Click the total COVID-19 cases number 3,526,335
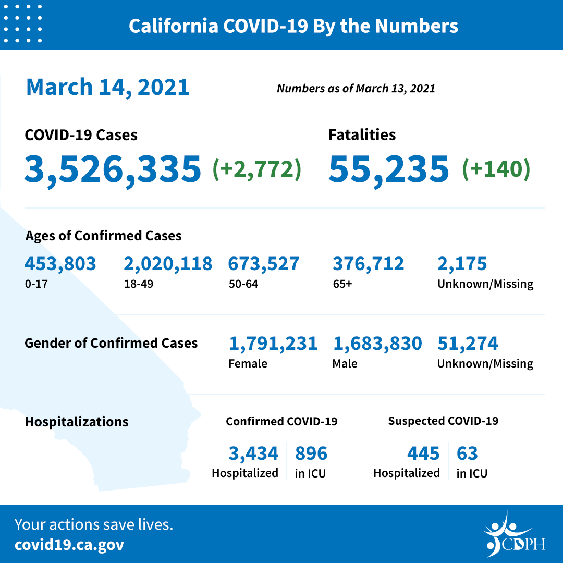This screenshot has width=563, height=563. point(113,169)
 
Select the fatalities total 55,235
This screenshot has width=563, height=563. point(388,169)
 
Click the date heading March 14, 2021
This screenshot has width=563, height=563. point(107,87)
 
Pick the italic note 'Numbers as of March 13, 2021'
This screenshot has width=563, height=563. point(356,88)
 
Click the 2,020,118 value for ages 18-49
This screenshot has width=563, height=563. point(168,264)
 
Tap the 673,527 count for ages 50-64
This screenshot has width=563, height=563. point(263,264)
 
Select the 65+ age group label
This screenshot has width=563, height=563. point(342,284)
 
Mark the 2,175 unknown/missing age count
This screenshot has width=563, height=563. point(462,264)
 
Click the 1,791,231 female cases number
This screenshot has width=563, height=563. point(273,344)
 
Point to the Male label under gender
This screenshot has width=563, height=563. point(345,363)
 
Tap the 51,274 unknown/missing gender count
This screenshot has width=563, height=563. point(468,344)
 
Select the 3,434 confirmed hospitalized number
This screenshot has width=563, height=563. point(253,454)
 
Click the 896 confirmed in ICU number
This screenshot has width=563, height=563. point(311,454)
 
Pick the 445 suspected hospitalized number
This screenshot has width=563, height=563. point(423,454)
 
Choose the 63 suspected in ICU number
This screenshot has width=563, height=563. point(467,454)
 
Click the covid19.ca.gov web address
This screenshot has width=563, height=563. point(69,545)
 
